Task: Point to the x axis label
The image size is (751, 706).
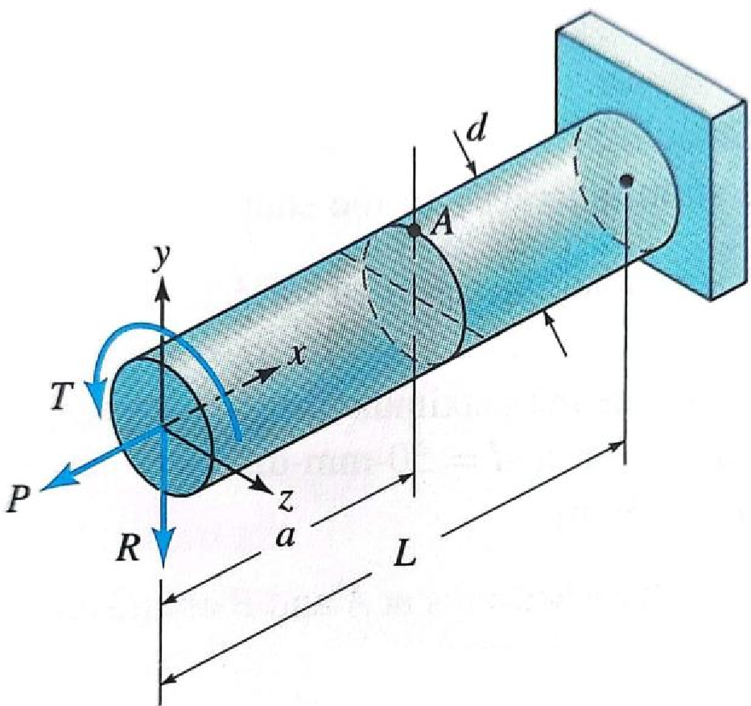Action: point(297,355)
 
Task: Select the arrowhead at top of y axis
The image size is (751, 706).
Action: point(163,283)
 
